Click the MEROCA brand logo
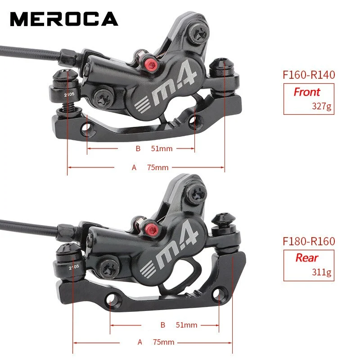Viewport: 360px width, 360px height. coord(63,18)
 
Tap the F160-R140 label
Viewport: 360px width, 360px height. coord(309,75)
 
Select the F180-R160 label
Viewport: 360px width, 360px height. coord(309,241)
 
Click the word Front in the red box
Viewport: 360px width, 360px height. coord(306,92)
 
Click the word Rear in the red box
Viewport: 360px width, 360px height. coord(306,258)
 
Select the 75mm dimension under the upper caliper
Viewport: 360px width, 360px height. coord(157,167)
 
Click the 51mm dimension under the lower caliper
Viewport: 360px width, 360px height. coord(186,324)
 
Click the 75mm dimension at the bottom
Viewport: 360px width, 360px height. coord(163,342)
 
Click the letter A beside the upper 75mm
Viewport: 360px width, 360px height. coord(134,167)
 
